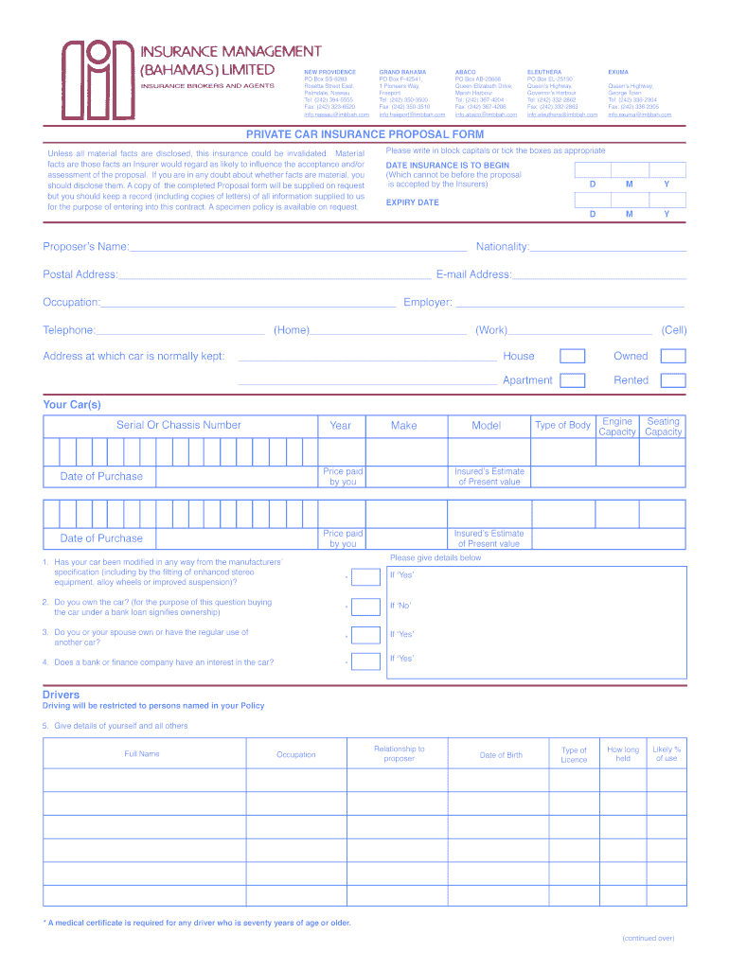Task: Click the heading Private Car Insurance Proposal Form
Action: [364, 134]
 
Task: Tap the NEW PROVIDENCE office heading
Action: [329, 72]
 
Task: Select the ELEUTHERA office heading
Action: [543, 72]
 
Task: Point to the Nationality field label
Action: [503, 247]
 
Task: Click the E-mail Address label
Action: [473, 274]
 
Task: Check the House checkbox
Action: [572, 357]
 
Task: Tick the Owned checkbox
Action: [672, 357]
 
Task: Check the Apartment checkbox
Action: [572, 380]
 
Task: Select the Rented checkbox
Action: [672, 380]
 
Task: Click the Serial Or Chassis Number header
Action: [178, 426]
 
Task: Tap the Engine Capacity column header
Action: [617, 427]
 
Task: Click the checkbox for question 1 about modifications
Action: [365, 576]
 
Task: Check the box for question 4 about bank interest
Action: [365, 662]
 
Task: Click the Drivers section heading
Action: [61, 695]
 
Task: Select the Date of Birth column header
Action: [501, 755]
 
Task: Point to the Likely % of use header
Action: [667, 754]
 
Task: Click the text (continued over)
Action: [648, 939]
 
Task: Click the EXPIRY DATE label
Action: [412, 203]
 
